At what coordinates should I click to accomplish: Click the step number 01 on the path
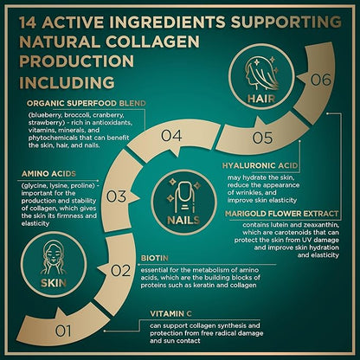63,331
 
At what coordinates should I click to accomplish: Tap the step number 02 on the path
120,271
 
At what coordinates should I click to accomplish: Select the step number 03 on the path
116,196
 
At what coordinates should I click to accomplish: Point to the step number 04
171,136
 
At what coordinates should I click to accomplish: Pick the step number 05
262,138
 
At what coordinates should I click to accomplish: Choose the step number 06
321,80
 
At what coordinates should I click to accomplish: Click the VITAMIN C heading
170,314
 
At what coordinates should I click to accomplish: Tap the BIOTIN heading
155,258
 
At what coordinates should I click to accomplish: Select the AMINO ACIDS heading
48,174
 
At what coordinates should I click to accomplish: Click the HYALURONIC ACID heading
260,165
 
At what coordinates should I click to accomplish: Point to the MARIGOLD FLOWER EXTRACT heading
281,214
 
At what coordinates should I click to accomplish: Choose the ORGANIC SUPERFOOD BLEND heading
87,103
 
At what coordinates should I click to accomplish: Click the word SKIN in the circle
54,283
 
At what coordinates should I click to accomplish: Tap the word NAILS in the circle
183,221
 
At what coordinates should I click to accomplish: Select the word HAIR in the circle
261,99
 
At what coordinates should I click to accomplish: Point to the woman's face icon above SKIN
54,257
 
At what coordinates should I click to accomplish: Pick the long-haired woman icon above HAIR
262,74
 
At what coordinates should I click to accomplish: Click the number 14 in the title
28,22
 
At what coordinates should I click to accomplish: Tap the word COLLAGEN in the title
152,42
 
